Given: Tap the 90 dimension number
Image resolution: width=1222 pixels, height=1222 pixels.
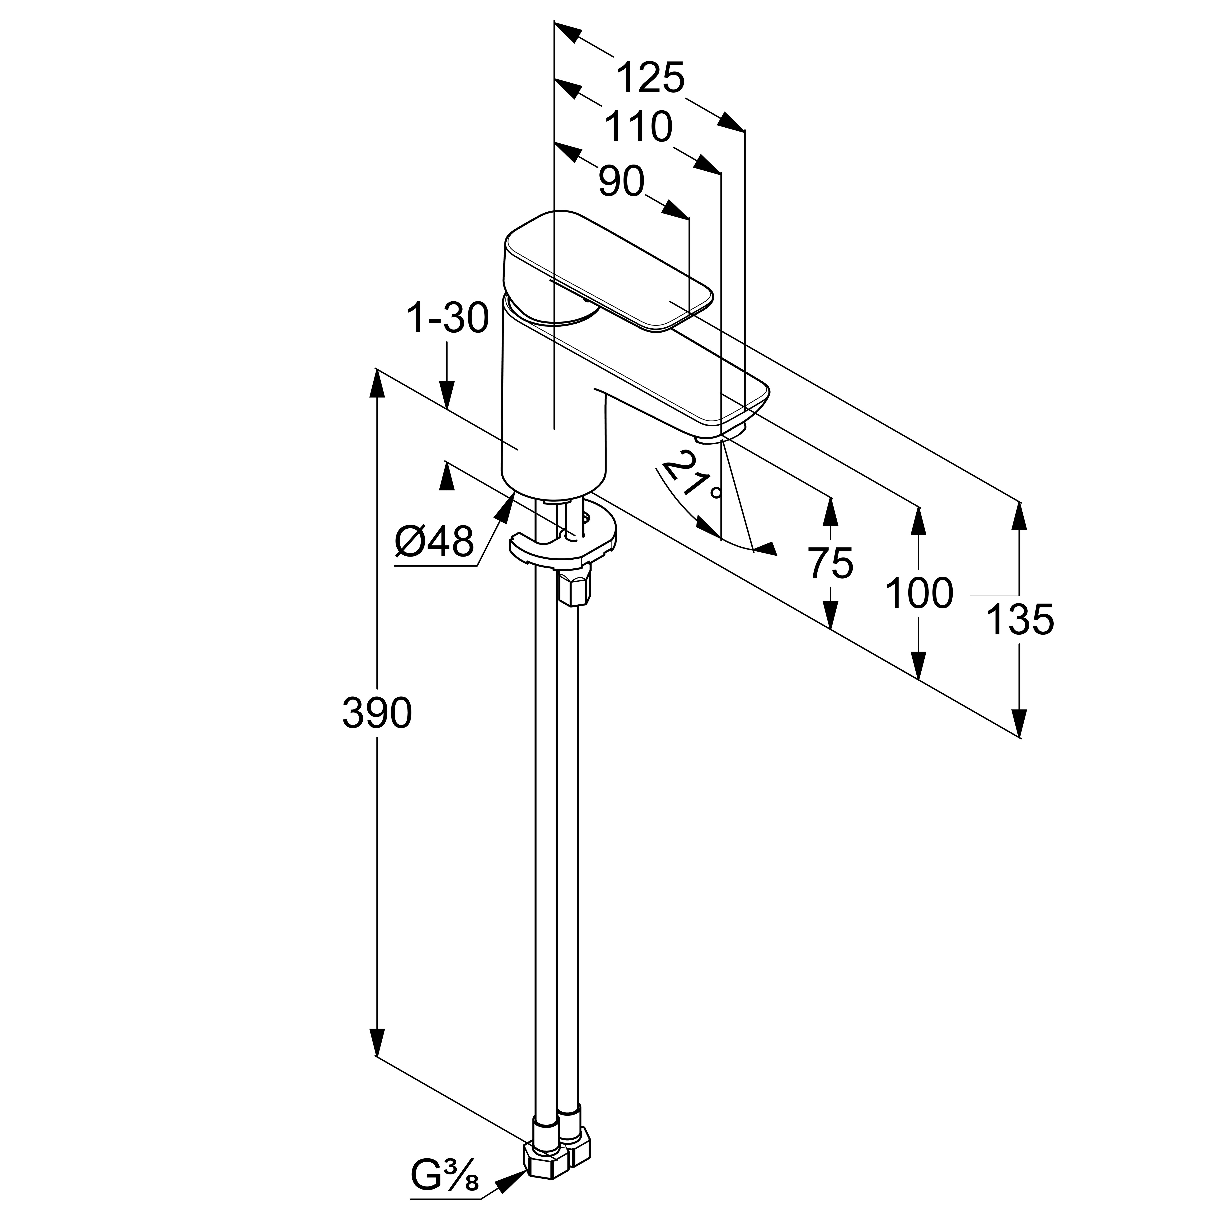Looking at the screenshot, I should pos(621,182).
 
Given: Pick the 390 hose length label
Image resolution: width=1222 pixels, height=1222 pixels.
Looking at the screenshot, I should pos(377,713).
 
